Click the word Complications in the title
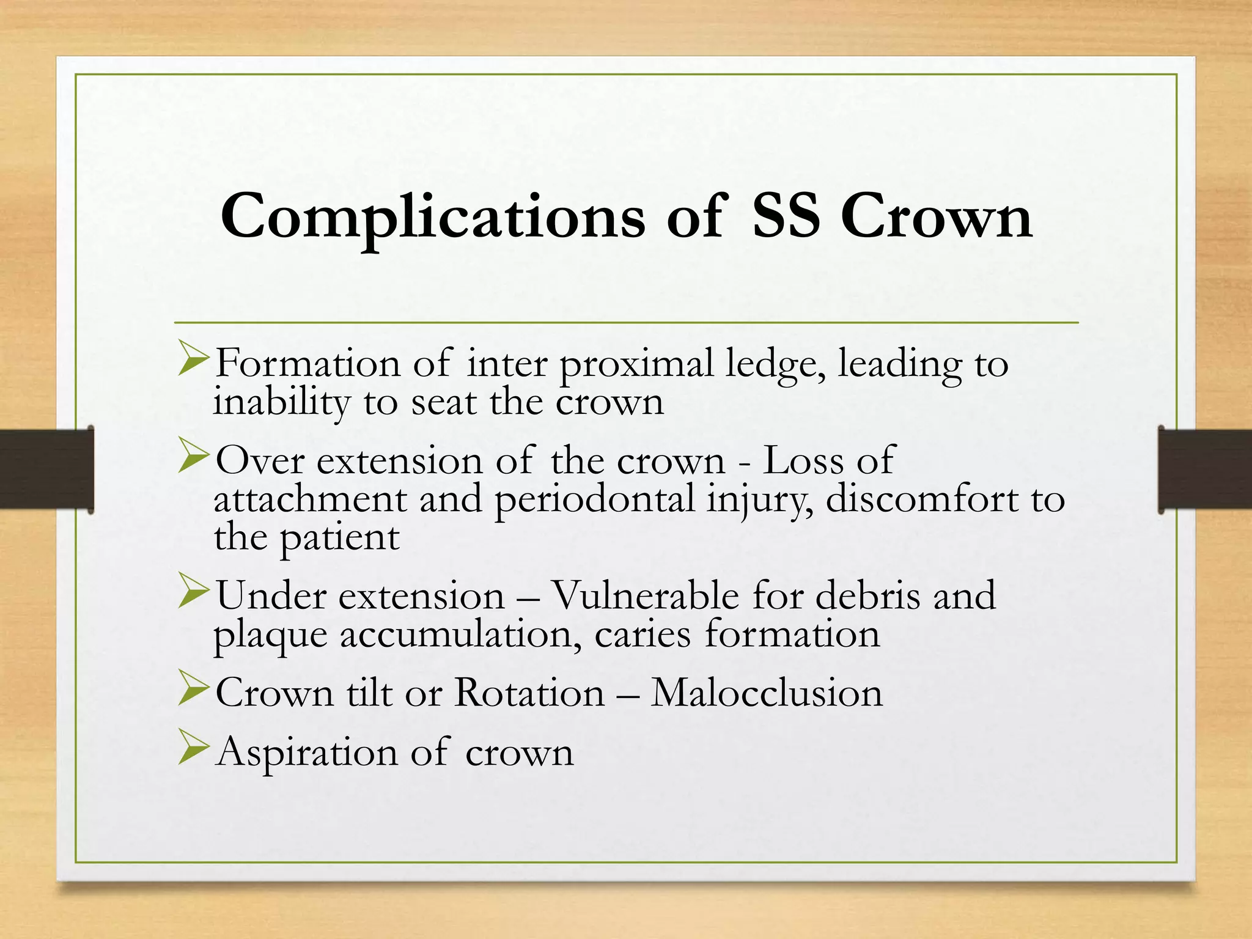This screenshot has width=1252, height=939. pos(432,218)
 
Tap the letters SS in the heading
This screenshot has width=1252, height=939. pos(785,216)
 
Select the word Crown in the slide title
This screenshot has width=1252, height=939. pos(936,216)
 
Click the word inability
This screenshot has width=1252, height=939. pos(281,403)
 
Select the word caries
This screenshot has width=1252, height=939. pos(642,635)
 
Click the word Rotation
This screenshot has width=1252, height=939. pos(529,693)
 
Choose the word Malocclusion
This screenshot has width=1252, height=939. pos(767,693)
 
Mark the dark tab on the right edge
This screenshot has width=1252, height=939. pos(1205,469)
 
